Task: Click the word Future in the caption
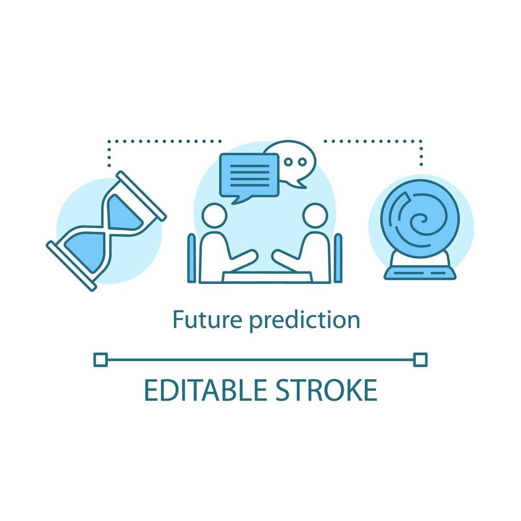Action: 207,320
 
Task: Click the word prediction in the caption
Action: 305,321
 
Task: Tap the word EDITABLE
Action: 205,390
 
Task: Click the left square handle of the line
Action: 100,360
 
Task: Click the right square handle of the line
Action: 421,360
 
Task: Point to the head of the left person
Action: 215,215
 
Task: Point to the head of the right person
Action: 315,215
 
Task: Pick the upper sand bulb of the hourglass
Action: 124,213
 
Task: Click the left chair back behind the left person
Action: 192,258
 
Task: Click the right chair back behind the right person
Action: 338,258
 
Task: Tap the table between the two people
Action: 267,277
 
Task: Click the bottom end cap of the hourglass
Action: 71,266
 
